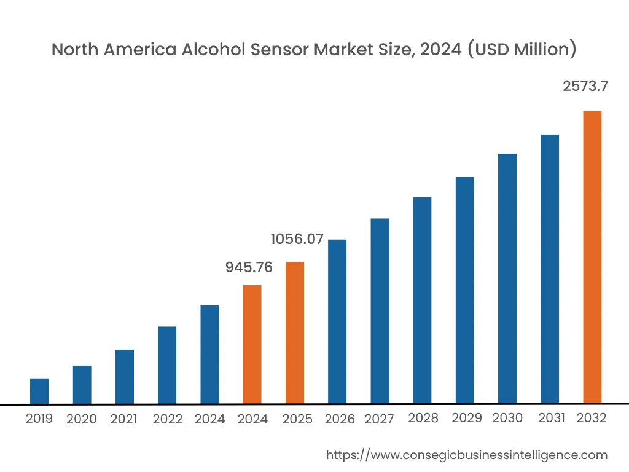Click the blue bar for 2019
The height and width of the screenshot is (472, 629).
(39, 391)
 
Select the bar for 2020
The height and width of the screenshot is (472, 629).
(82, 385)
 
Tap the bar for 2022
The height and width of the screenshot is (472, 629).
(167, 365)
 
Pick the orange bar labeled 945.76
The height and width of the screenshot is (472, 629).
(252, 344)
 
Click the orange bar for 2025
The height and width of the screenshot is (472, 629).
(295, 333)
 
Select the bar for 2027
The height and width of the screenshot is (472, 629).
(380, 311)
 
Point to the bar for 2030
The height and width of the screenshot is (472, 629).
(507, 278)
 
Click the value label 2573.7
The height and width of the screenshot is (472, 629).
(585, 87)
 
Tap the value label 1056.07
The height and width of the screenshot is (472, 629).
(297, 239)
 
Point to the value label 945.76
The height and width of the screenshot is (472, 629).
(249, 267)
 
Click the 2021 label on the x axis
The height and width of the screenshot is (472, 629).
(123, 419)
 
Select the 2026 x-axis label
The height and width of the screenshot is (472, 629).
(340, 419)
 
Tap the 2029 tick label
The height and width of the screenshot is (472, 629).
(467, 418)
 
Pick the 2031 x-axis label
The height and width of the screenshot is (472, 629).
(552, 418)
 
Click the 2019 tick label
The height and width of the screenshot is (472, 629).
(39, 419)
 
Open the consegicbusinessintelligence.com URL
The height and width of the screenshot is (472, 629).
(466, 455)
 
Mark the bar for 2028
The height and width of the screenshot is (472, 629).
(422, 301)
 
